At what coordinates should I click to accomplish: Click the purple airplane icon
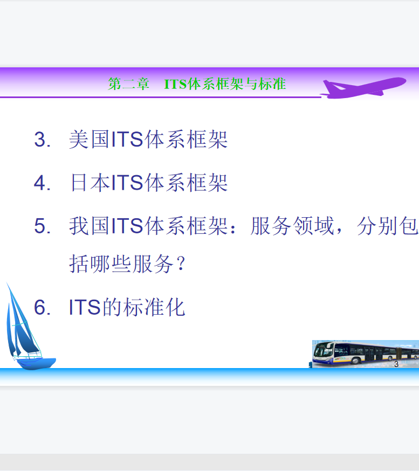(363, 88)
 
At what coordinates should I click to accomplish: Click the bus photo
(366, 354)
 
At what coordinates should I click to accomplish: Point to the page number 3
(396, 364)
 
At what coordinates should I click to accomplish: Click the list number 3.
(42, 140)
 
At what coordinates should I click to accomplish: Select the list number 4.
(42, 183)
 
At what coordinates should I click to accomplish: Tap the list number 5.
(42, 226)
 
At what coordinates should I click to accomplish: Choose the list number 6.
(42, 307)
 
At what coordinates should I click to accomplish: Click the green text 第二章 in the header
(129, 84)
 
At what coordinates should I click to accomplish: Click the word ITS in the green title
(176, 84)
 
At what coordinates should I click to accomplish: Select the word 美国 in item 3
(89, 140)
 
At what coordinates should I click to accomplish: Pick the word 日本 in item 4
(90, 183)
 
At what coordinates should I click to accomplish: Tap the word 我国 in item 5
(89, 226)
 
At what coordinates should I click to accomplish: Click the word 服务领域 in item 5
(292, 226)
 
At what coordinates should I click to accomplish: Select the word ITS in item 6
(85, 307)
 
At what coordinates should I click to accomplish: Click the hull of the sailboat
(36, 363)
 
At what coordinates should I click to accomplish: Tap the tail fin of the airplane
(331, 86)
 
